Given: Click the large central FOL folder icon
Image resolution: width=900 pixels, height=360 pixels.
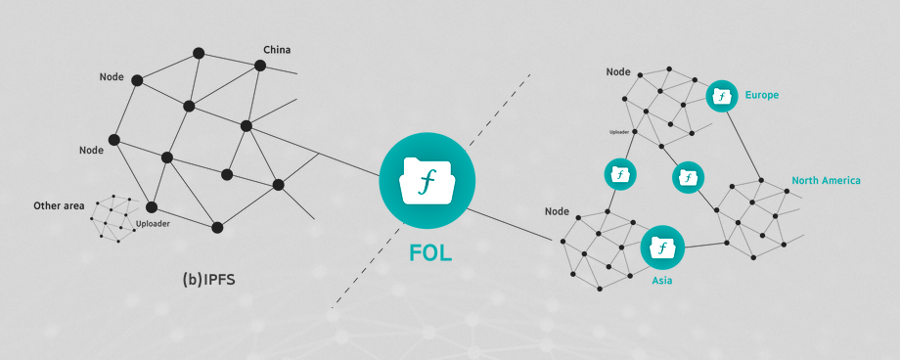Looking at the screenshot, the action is (427, 180).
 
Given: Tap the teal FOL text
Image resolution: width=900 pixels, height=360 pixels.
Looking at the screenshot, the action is (430, 253).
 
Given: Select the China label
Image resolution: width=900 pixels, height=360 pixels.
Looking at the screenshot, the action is (277, 50).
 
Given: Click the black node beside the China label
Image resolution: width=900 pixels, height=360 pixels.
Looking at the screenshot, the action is (260, 66).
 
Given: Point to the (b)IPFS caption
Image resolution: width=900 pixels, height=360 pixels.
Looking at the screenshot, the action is (209, 280).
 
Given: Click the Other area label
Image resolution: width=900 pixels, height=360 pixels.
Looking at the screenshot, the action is (59, 205).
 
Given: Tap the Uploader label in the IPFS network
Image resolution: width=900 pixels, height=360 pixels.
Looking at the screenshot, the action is (153, 224).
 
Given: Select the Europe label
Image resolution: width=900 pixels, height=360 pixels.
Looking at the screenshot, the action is (762, 95).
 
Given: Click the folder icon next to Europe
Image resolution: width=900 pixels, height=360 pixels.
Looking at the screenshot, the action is (722, 96).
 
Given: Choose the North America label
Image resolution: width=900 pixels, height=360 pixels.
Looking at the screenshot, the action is (826, 180).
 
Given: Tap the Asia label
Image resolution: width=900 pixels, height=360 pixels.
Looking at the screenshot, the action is (662, 281).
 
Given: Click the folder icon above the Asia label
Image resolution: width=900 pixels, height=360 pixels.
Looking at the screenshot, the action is (662, 247).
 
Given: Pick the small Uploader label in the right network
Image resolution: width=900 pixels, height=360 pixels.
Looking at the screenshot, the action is (620, 132).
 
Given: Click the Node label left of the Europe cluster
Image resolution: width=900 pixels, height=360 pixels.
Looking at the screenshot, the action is (618, 71).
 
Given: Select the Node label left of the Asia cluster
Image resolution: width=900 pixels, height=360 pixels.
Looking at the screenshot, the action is (557, 211).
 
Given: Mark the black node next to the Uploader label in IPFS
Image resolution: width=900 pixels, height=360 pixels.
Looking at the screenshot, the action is (152, 206).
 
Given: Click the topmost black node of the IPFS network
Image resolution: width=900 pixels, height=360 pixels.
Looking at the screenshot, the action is (199, 53).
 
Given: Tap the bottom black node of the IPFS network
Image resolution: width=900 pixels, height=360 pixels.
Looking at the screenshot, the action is (217, 227).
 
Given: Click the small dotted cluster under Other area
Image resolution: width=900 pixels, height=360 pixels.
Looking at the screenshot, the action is (114, 218).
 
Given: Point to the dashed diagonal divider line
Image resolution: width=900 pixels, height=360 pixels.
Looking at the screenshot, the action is (430, 191).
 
